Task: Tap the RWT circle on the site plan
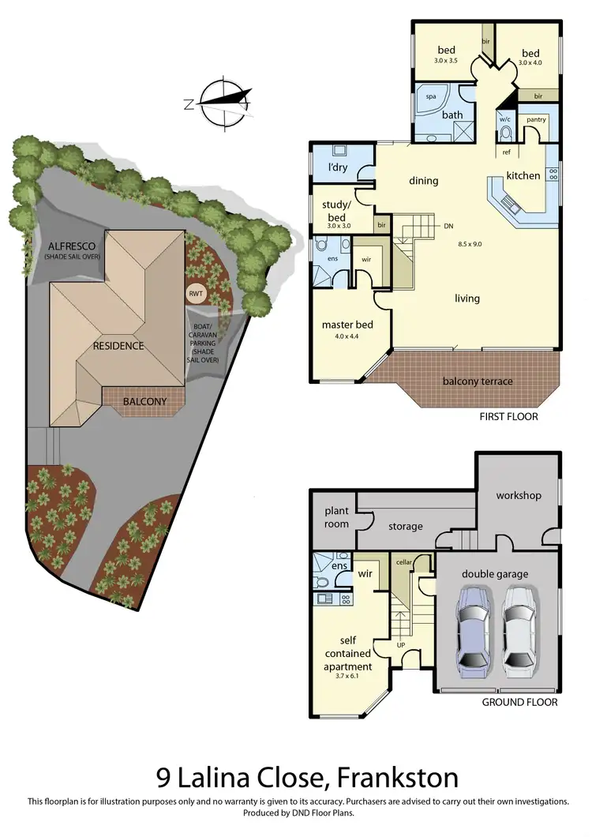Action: coord(196,294)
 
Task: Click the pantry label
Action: coord(536,119)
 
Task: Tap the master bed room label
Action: coord(347,325)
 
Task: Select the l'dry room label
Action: coord(338,167)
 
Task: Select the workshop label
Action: coord(519,495)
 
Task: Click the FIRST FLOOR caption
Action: coord(508,416)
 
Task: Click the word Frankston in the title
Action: coord(397,777)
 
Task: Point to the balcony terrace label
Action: coord(477,381)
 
